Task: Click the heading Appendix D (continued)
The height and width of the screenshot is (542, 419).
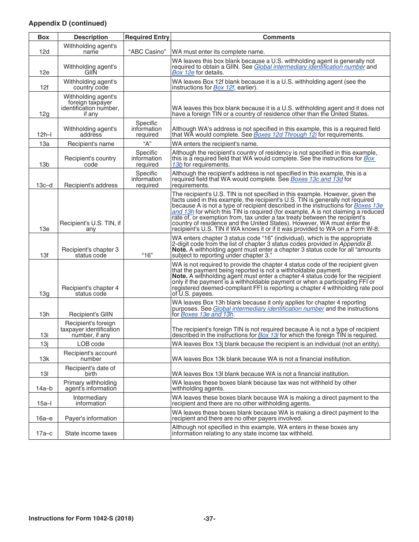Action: (x=67, y=23)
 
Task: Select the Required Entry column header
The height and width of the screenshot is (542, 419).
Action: (x=147, y=37)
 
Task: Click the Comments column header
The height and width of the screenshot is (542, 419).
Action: (x=279, y=37)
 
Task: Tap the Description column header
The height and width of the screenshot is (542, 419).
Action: (x=90, y=37)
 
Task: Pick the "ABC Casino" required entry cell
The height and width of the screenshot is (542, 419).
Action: (x=147, y=52)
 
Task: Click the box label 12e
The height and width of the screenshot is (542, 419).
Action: (x=44, y=73)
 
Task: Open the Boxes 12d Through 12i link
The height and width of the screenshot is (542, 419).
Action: (x=285, y=135)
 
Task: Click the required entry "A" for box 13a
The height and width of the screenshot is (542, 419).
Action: (x=147, y=144)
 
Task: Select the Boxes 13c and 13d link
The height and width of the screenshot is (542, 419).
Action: (x=317, y=179)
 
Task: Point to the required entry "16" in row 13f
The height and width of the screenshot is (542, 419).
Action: (x=147, y=255)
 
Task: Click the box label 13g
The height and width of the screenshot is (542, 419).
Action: (x=44, y=293)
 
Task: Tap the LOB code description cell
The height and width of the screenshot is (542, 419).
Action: (x=90, y=344)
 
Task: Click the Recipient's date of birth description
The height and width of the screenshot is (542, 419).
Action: (x=90, y=371)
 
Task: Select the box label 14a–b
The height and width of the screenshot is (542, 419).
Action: (x=44, y=389)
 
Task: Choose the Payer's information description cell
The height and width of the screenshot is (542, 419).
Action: (x=90, y=418)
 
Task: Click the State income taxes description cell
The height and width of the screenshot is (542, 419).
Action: (x=90, y=433)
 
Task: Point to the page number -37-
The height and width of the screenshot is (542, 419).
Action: (x=209, y=519)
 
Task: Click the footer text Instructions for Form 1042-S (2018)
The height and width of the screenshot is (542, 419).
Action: (x=81, y=519)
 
